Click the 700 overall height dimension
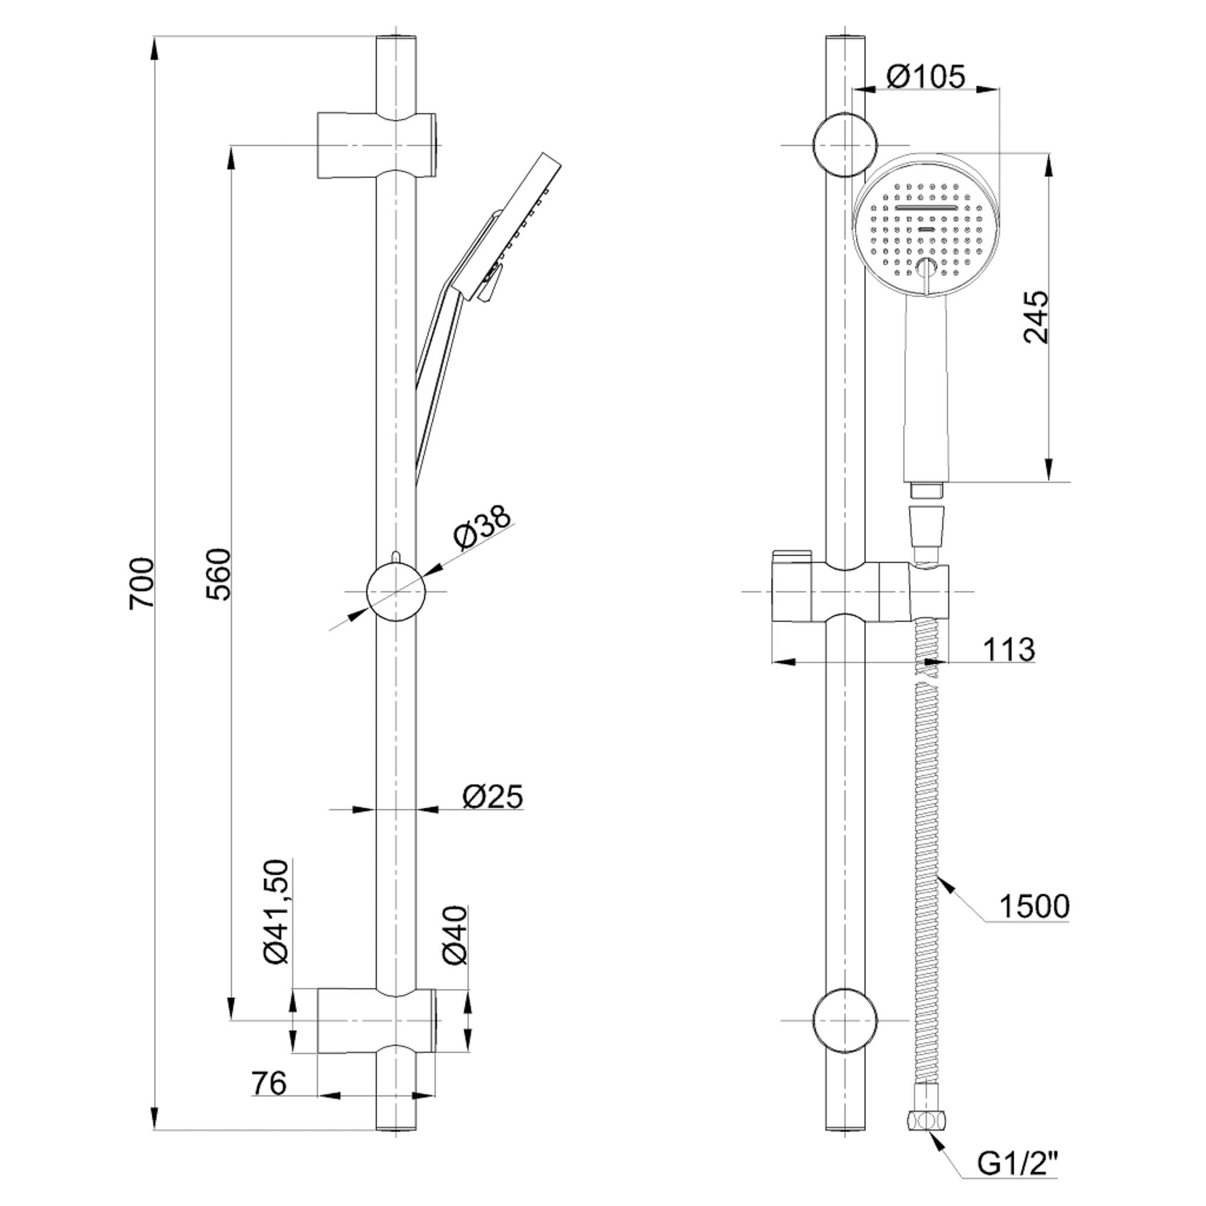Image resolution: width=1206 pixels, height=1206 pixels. pos(141,583)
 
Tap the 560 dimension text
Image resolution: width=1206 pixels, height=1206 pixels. pos(218,574)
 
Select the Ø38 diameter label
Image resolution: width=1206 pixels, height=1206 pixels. pos(482,528)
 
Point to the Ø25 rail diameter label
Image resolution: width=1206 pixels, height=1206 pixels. pos(492,797)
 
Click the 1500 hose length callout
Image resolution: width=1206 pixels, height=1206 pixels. pos(1034,906)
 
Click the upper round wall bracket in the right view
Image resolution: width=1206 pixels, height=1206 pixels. pos(844,145)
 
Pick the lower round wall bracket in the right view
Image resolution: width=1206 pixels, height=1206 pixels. pos(844,1021)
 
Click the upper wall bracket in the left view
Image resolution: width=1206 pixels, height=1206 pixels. pos(376,145)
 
